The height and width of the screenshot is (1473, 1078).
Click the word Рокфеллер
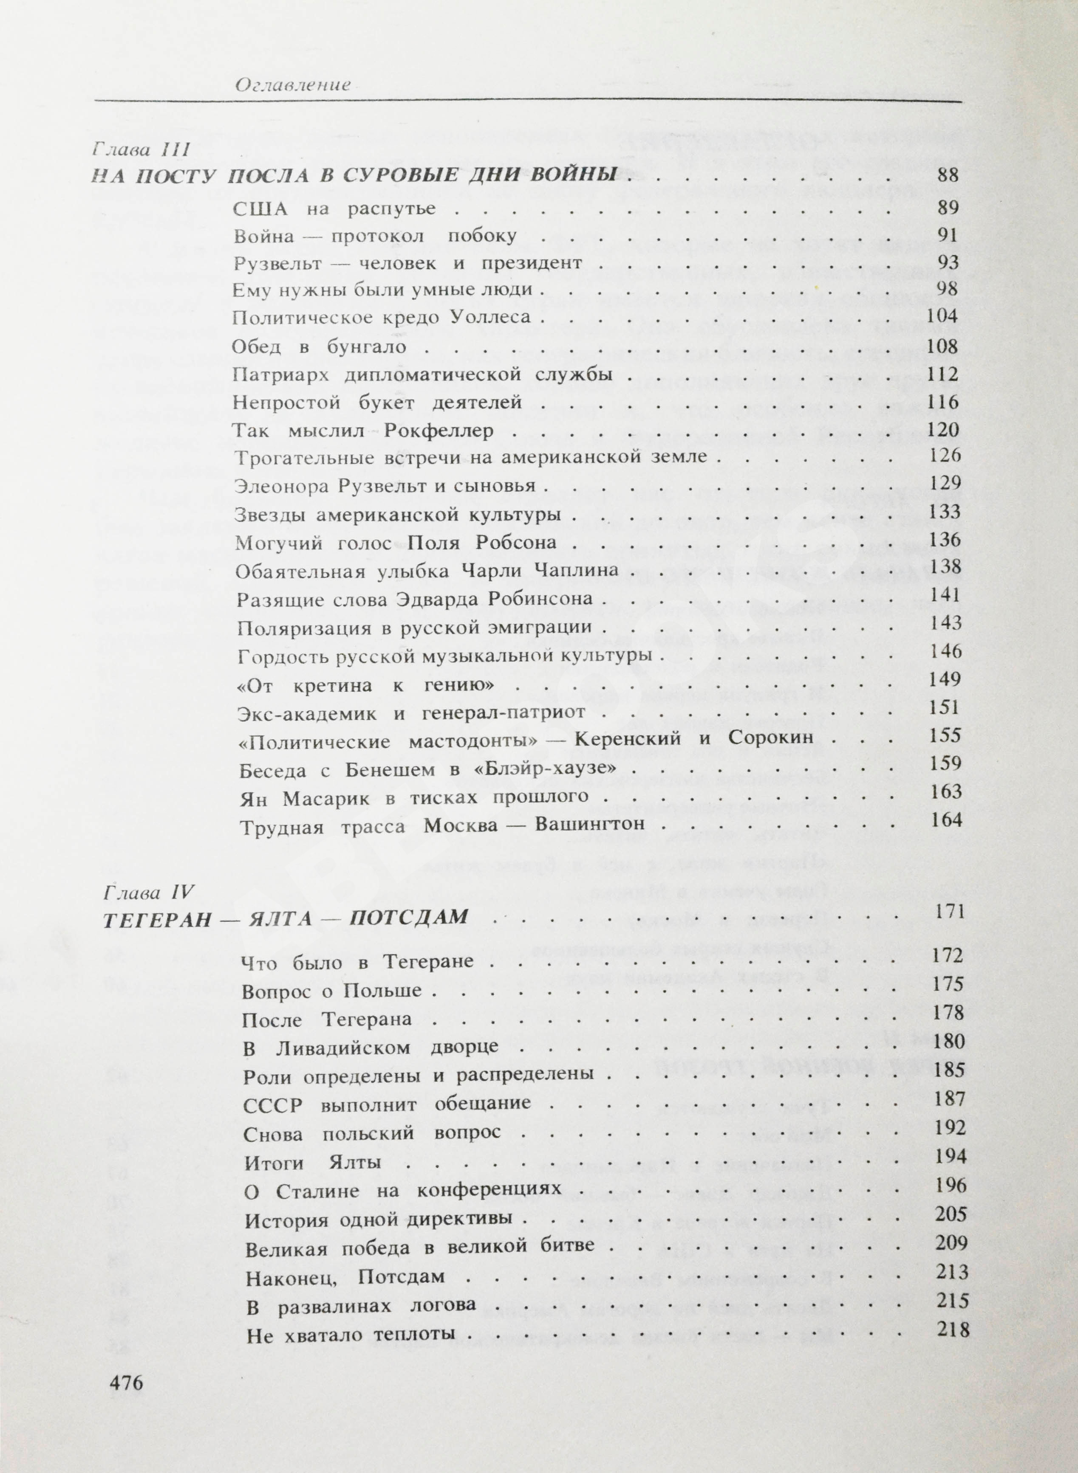tap(439, 431)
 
